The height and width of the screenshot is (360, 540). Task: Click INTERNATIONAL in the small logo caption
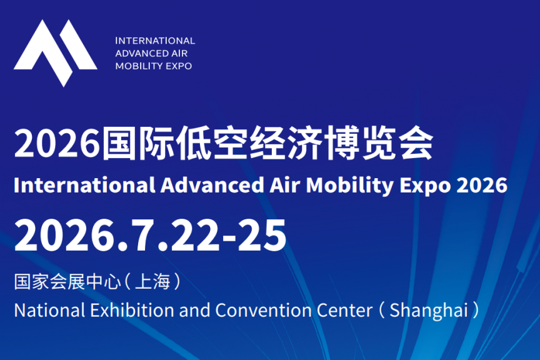click(155, 41)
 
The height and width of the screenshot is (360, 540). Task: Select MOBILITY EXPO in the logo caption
click(154, 66)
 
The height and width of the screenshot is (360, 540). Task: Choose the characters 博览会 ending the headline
click(391, 144)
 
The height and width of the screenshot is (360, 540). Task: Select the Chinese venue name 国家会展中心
click(66, 282)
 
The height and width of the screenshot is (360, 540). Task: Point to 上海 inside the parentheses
click(152, 282)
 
